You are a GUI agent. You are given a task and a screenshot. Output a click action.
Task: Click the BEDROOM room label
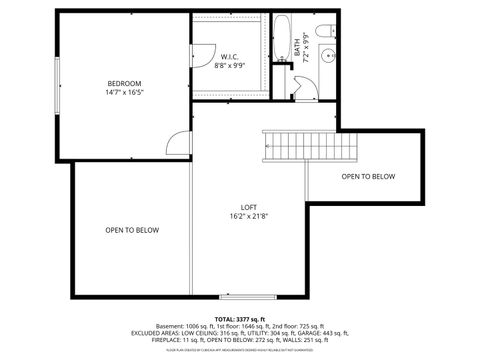(x=125, y=82)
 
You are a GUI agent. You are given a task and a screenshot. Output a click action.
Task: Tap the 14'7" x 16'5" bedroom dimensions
(x=125, y=92)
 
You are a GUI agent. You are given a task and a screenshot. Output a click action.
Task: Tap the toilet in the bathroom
(x=329, y=31)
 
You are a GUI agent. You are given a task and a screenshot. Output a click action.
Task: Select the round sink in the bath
(x=328, y=56)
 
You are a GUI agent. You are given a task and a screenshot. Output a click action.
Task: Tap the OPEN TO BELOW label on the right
(x=368, y=177)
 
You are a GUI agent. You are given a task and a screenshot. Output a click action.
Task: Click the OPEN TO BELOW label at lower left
(x=132, y=231)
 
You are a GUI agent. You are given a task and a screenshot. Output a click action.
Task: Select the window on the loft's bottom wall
(x=249, y=297)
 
